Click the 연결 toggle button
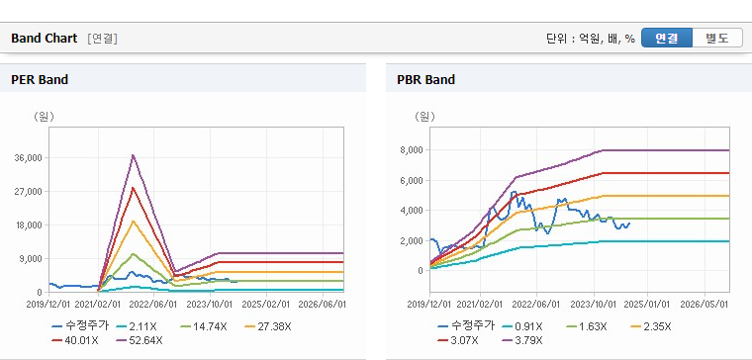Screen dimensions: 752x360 (667, 38)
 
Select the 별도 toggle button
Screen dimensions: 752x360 (717, 38)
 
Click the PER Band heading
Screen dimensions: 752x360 (40, 79)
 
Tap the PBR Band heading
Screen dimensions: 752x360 (425, 79)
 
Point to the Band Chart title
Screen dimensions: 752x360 (45, 39)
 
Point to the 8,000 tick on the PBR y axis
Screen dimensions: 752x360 (413, 150)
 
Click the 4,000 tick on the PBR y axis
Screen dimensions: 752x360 (413, 211)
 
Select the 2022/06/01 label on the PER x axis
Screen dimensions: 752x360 (153, 305)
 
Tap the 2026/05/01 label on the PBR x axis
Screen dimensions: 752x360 (705, 305)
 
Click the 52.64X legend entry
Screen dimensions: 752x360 (140, 341)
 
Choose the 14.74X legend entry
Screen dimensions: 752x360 (204, 327)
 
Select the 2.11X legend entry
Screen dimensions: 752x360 (136, 327)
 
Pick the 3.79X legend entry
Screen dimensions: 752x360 (523, 341)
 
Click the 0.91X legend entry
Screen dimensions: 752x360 (522, 327)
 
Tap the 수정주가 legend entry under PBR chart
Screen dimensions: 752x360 (466, 327)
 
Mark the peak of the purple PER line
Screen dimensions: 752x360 (133, 155)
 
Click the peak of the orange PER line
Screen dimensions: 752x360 (133, 221)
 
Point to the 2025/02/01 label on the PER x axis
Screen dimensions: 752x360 (266, 305)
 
